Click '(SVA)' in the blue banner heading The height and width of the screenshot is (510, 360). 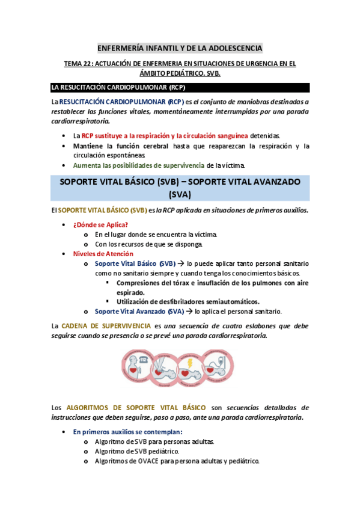pos(180,194)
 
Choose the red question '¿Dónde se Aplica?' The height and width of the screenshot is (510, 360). pos(100,224)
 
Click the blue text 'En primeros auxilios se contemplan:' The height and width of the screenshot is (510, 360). pos(127,432)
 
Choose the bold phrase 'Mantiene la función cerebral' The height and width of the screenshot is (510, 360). pos(120,146)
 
